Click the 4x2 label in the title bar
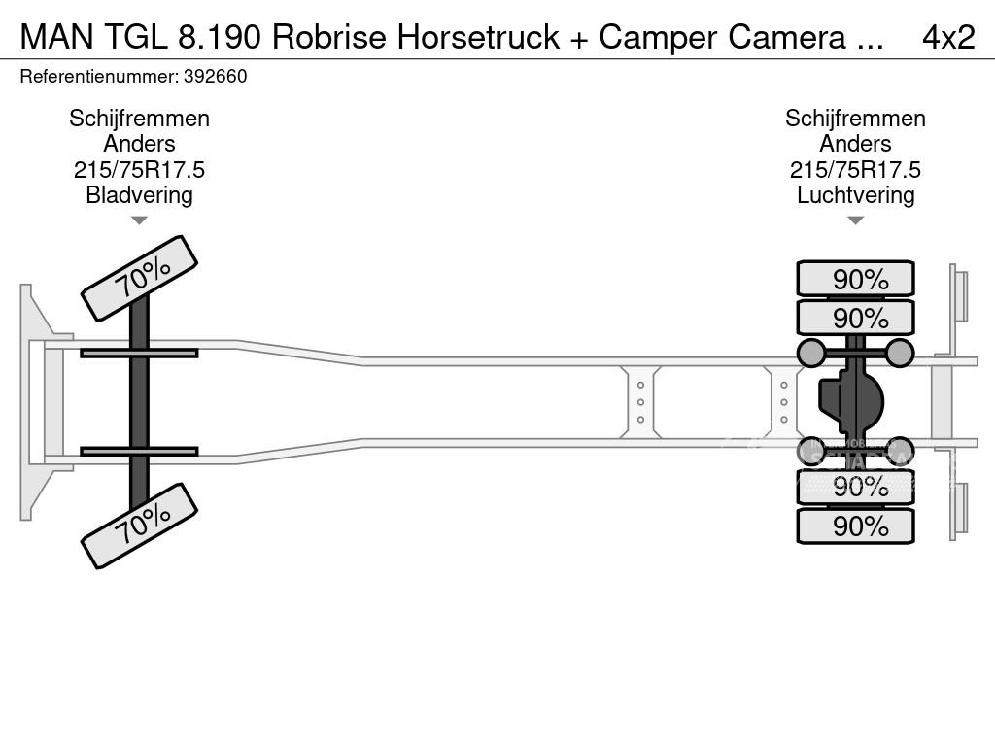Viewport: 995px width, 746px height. pos(947,37)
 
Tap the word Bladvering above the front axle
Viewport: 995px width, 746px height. pos(139,195)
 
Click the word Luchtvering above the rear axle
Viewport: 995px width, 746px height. pos(855,195)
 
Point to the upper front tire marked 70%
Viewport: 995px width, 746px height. pos(139,278)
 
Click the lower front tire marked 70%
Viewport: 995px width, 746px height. pos(139,526)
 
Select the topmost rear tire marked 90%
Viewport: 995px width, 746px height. pos(855,279)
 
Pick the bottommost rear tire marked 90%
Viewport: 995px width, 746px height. pos(855,526)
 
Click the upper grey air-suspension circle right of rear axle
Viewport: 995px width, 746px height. pos(900,353)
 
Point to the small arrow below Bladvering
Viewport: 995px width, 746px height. pos(139,220)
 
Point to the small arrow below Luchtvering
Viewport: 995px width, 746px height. pos(855,220)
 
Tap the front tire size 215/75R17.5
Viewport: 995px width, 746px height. pos(139,170)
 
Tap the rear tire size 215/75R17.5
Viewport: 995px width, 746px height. pos(855,170)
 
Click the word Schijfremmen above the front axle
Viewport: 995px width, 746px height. pos(139,119)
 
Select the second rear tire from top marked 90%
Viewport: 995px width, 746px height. pos(855,318)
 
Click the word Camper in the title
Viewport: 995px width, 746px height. pos(654,37)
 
